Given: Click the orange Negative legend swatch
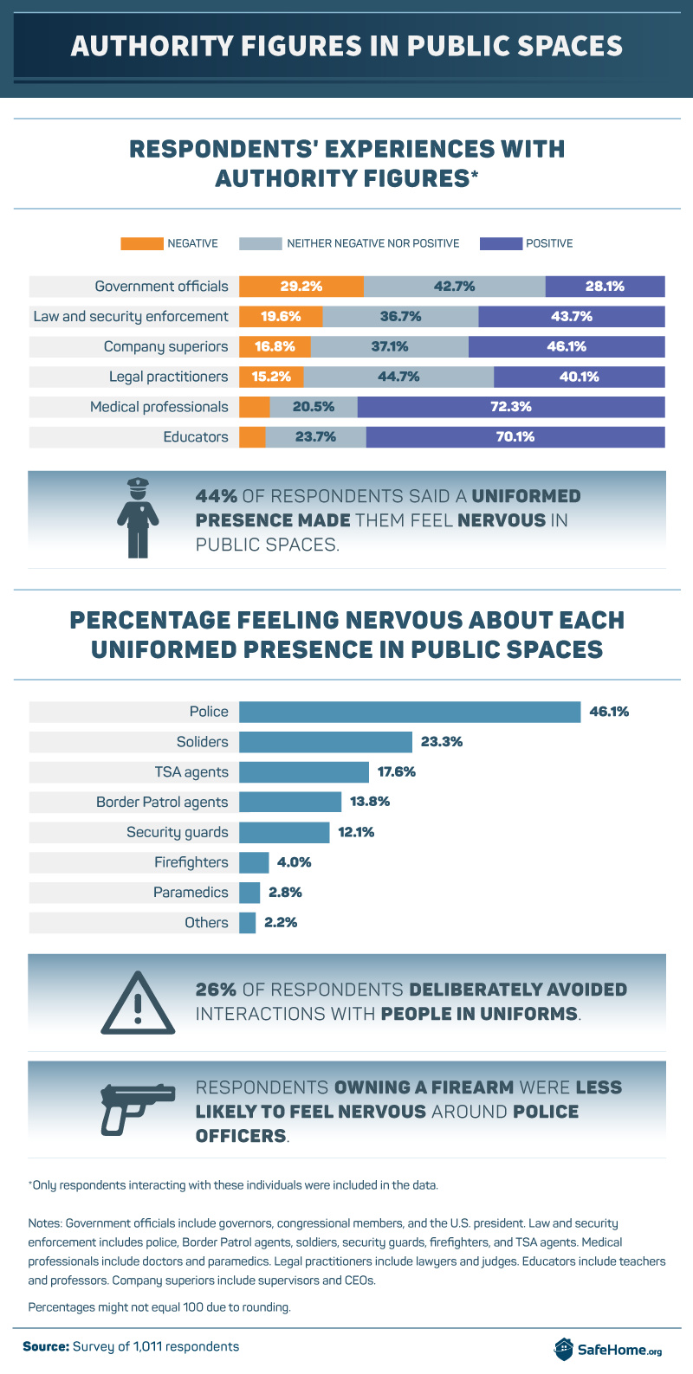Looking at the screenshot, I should click(x=141, y=243).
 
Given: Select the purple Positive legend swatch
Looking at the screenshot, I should click(x=501, y=243).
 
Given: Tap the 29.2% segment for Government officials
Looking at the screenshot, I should click(x=301, y=287).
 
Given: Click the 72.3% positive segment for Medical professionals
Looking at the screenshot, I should click(x=510, y=407).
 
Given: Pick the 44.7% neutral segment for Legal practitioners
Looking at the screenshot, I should click(x=398, y=377).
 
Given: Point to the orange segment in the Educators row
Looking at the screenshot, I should click(x=252, y=437).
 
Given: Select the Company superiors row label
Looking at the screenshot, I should click(x=165, y=346).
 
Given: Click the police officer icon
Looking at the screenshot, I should click(x=138, y=517).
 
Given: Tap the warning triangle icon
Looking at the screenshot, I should click(x=138, y=1003).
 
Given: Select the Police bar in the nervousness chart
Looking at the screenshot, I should click(x=409, y=712).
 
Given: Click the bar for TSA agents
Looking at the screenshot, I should click(x=304, y=772).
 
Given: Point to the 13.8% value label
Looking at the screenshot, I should click(x=370, y=802).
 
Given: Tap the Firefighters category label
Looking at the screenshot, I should click(x=191, y=862).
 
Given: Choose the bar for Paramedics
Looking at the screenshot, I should click(x=249, y=893).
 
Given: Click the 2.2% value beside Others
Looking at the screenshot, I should click(x=281, y=923).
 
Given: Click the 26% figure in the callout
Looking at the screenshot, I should click(x=216, y=990).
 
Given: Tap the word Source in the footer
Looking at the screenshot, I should click(x=45, y=1346).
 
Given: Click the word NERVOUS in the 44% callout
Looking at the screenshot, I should click(x=502, y=520).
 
